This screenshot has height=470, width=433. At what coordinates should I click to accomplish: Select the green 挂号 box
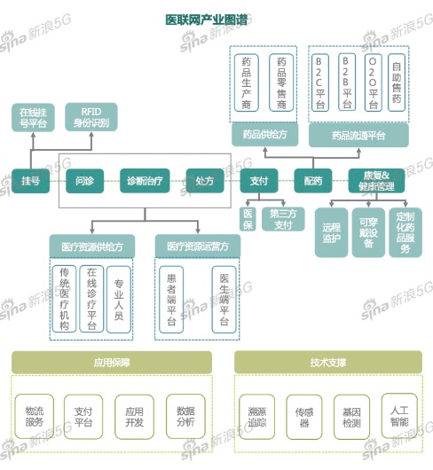coord(29,181)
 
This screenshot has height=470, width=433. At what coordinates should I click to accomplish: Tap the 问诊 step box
coord(83,181)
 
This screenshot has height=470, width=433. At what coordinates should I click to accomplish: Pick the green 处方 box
coord(204,181)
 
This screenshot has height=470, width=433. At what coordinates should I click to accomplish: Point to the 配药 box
coord(312,181)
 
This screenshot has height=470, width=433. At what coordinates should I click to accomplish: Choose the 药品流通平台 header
coord(358,135)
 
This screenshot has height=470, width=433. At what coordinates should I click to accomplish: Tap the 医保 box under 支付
coord(248,219)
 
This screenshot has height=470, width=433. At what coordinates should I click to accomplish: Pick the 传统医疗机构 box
coord(64,298)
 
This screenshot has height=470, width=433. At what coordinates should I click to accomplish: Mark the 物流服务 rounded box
coord(35,417)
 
